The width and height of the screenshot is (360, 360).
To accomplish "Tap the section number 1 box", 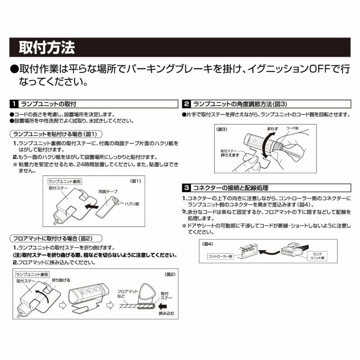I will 14,103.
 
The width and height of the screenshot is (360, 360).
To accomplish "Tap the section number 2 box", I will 186,103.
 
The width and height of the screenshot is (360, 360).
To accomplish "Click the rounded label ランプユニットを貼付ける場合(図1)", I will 56,134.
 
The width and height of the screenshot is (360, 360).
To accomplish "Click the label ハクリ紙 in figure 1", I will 131,204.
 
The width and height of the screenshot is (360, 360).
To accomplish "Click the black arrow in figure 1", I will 94,206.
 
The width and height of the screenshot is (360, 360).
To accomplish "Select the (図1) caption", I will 136,181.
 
